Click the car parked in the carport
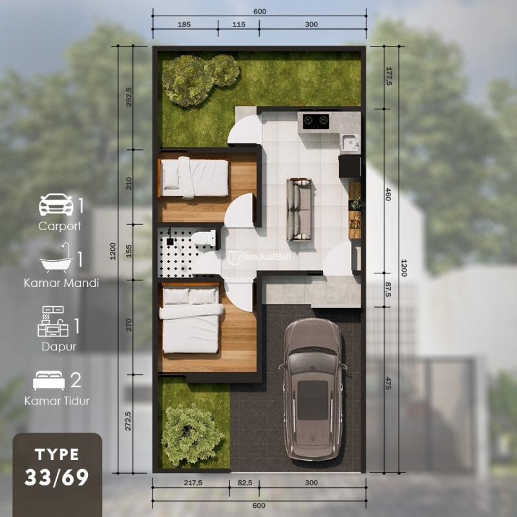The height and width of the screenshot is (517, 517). tap(313, 389)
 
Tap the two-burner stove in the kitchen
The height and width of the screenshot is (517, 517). tap(316, 121)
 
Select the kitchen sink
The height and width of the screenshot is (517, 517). tap(350, 143)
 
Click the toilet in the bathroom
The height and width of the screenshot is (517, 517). tap(204, 237)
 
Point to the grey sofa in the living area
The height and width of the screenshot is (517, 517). tap(299, 209)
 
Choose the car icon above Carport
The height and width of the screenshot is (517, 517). tap(56, 205)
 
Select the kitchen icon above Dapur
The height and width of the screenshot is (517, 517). tap(53, 321)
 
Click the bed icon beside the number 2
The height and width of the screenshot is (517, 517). tap(49, 381)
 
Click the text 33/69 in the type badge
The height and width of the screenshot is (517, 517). tap(57, 477)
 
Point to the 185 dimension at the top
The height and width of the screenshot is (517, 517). tap(184, 25)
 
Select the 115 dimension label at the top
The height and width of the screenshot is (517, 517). tap(238, 25)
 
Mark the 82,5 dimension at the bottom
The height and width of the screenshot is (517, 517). tap(245, 483)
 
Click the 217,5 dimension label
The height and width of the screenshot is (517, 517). tap(193, 483)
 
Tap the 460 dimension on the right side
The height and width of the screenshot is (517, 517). tap(388, 195)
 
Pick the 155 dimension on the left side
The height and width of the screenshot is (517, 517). tap(129, 251)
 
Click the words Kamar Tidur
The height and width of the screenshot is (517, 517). tap(57, 401)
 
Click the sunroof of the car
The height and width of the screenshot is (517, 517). tap(313, 400)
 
